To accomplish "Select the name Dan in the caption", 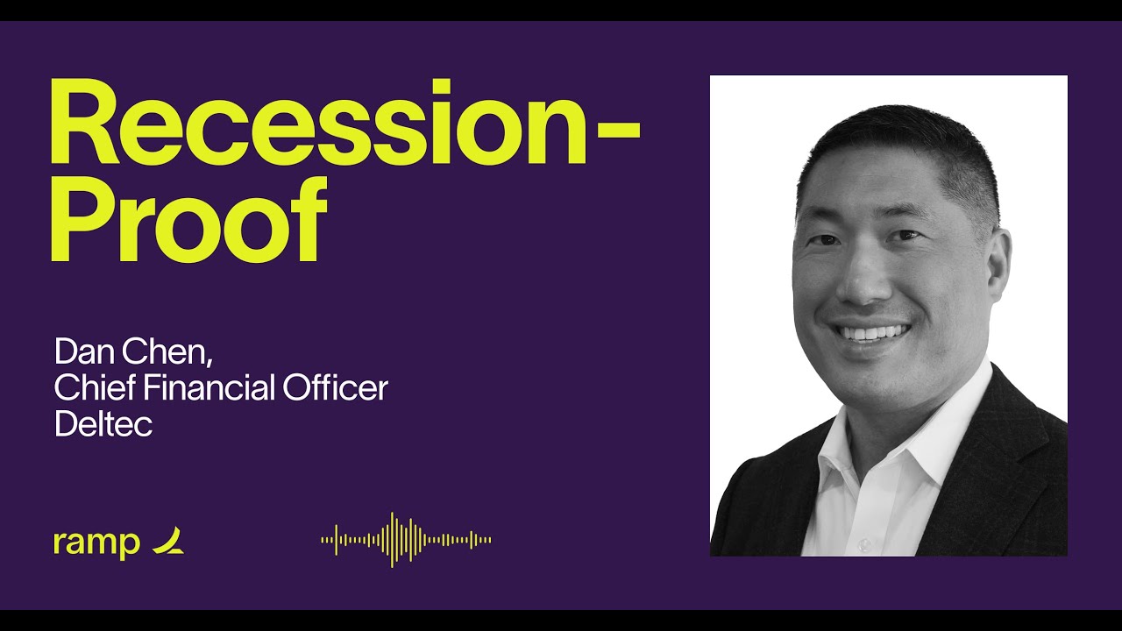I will [82, 351].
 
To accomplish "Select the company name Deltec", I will [103, 424].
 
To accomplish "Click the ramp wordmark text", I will [96, 542].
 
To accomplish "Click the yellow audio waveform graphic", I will [406, 540].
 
